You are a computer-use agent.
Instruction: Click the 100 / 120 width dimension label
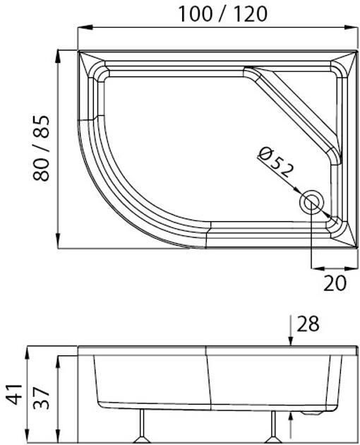tap(222, 14)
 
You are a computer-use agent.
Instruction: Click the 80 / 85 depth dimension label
tap(42, 148)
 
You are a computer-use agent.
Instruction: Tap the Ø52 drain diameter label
tap(276, 164)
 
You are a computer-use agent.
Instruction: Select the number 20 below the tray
tap(335, 283)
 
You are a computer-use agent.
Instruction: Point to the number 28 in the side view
tap(308, 324)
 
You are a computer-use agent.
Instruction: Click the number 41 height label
tap(14, 394)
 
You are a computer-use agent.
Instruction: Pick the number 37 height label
tap(42, 398)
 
